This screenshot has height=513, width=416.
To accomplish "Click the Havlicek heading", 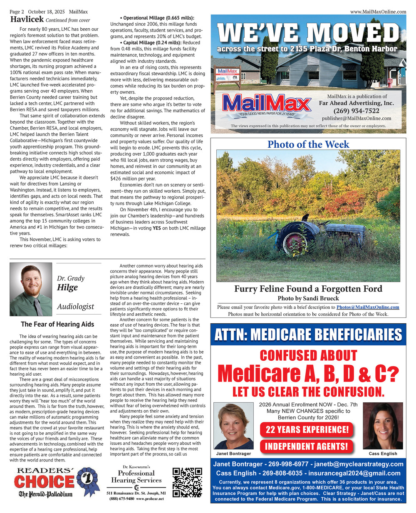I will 27,20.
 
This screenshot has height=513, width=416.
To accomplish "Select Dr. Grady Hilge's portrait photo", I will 31,289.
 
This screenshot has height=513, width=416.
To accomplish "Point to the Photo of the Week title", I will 308,144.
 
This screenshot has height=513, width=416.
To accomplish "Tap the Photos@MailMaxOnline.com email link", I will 368,307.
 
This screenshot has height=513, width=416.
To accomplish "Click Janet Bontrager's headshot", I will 233,426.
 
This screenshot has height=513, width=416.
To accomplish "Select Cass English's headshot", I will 383,426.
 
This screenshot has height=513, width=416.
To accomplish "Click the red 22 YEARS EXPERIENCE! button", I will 307,429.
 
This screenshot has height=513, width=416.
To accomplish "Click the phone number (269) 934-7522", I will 356,111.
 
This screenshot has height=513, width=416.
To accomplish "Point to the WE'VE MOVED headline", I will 308,33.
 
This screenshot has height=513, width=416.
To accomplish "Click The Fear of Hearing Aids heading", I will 57,324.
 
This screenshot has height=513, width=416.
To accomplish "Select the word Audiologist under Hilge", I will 76,307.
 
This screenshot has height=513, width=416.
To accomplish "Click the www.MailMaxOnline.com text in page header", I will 378,12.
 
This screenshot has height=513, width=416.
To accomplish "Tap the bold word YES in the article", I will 156,228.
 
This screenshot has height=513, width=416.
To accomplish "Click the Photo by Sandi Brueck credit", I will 308,298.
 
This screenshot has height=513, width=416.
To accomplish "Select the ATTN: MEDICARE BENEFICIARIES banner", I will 308,334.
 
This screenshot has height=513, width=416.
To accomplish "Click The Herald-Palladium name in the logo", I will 45,494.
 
